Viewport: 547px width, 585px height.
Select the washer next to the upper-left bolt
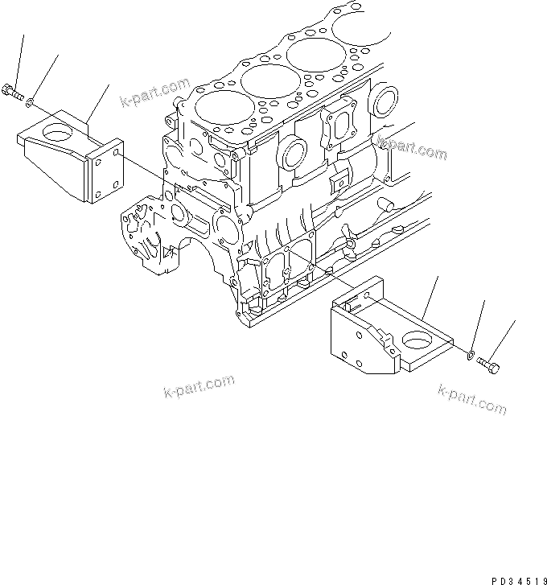(x=30, y=101)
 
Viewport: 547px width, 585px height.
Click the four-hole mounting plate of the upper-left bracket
(x=107, y=171)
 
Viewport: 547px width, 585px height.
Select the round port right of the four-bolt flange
(x=385, y=104)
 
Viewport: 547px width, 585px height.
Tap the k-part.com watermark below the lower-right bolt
(x=472, y=398)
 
